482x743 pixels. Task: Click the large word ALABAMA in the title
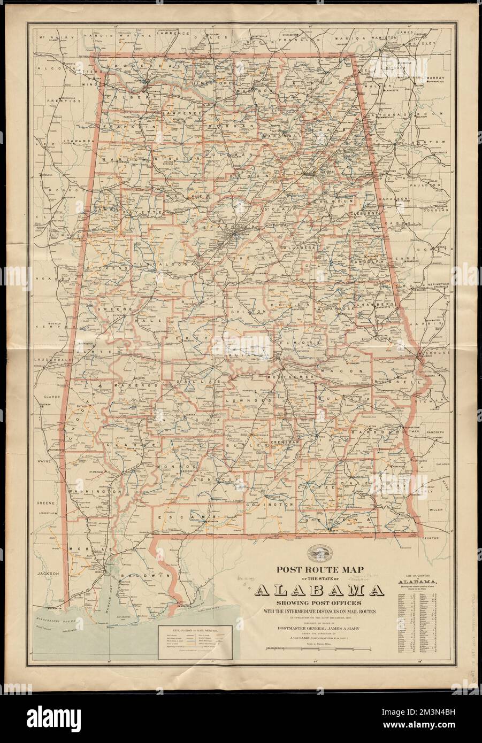click(319, 591)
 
